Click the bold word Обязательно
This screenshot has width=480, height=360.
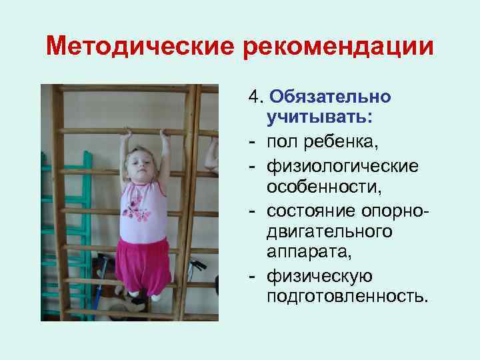click(x=331, y=97)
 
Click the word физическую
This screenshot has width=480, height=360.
click(x=319, y=275)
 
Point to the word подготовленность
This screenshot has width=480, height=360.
click(x=346, y=295)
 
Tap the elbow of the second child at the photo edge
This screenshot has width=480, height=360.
click(x=211, y=163)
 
